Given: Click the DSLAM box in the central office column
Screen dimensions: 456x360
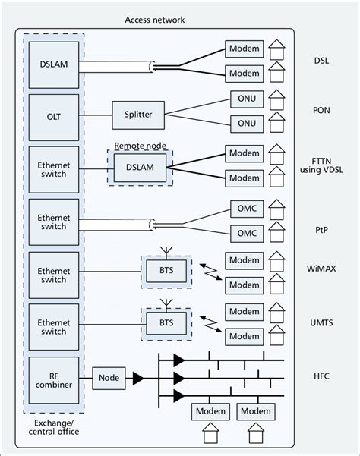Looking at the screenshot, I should (x=53, y=64).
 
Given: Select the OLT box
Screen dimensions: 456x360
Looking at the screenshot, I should (x=53, y=116).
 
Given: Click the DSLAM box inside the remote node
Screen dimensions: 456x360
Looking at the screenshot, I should (x=139, y=168).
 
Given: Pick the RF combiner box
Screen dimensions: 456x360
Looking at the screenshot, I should (x=53, y=379).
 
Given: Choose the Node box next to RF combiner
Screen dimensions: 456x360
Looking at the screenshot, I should (x=109, y=378).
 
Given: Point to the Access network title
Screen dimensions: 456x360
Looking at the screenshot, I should (x=155, y=20).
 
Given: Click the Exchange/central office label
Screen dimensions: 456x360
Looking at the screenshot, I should (x=54, y=426).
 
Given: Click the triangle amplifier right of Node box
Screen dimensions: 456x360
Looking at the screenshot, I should (x=137, y=378).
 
